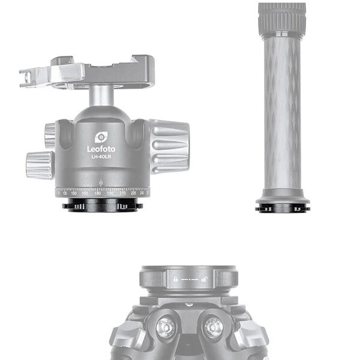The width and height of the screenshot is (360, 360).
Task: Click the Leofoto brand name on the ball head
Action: (x=101, y=148)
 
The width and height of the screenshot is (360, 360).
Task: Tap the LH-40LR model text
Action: (x=101, y=157)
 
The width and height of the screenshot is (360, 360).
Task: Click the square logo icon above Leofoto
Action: (x=101, y=136)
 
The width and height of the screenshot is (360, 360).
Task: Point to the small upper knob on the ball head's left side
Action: (x=50, y=135)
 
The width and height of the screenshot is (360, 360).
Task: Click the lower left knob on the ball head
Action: (x=39, y=164)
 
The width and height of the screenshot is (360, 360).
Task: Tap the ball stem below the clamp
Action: (x=102, y=96)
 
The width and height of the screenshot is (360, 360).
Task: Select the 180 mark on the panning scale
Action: (x=97, y=193)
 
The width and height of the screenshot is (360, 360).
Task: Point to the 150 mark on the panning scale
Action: (x=74, y=193)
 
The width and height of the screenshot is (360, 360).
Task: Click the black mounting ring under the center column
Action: (x=282, y=208)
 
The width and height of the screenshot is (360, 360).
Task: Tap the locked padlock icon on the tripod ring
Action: (x=175, y=280)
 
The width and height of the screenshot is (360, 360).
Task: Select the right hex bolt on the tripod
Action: (x=212, y=327)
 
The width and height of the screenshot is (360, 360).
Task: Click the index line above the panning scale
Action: (x=101, y=181)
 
